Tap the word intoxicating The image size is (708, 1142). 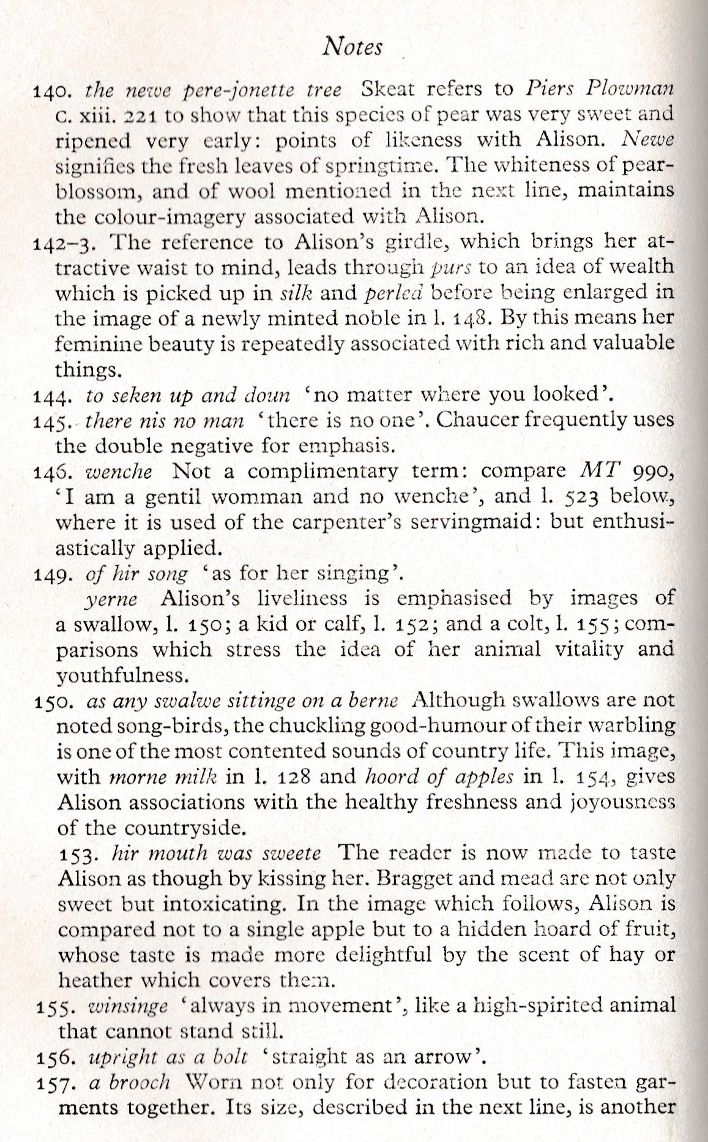(x=237, y=904)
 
